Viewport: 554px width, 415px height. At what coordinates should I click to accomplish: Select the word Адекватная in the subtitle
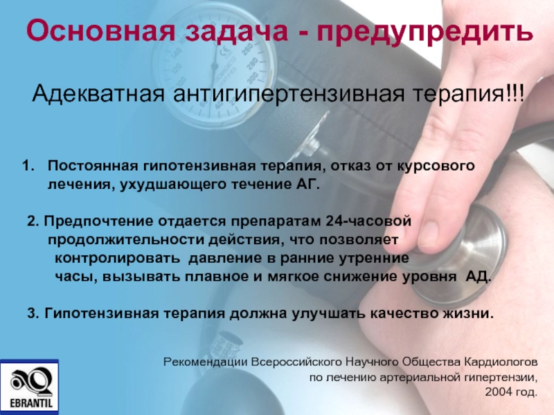click(x=98, y=94)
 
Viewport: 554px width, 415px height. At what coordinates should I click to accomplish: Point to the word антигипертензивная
click(x=288, y=95)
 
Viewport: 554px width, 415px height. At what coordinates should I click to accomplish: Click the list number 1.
click(x=28, y=165)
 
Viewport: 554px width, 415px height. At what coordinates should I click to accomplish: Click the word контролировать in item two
click(x=117, y=258)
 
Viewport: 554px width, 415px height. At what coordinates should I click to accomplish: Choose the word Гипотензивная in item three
click(x=102, y=313)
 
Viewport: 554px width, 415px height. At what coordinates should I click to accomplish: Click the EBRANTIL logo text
click(x=30, y=403)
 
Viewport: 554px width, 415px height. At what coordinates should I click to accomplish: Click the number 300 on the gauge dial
click(x=253, y=76)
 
